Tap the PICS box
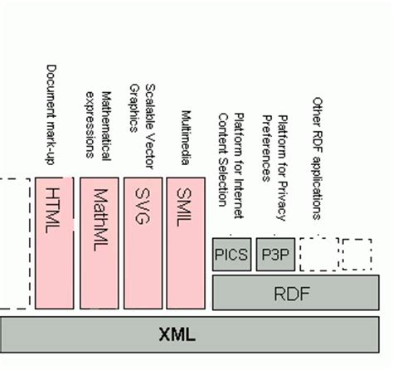(x=231, y=254)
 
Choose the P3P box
(x=274, y=254)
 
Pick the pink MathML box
(x=98, y=241)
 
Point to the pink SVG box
(x=142, y=241)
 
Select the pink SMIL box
(x=185, y=241)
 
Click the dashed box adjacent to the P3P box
(x=318, y=253)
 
